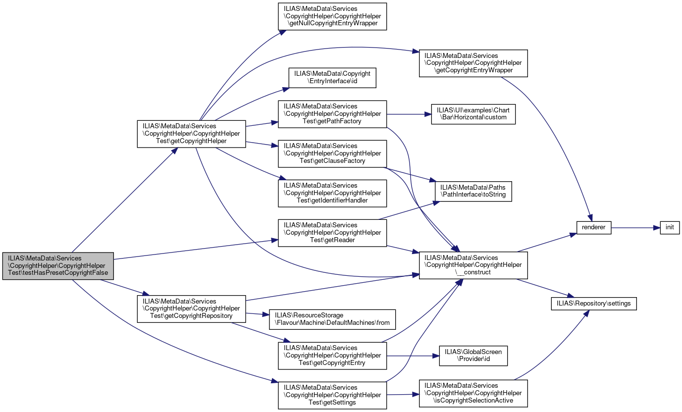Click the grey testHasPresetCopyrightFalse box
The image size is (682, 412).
[x=58, y=266]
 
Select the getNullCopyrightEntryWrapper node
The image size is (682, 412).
[x=332, y=16]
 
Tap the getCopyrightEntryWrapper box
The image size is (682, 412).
[x=473, y=63]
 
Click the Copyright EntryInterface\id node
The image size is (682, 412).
[x=332, y=78]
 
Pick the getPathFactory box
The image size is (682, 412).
[x=332, y=114]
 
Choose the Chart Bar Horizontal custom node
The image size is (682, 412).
[x=473, y=114]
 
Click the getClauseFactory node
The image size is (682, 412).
[x=332, y=154]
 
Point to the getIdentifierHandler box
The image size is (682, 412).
[x=332, y=193]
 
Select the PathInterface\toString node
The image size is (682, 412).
[x=473, y=191]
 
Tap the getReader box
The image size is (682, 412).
[x=332, y=233]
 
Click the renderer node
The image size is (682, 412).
[x=594, y=228]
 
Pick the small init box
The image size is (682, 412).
[x=670, y=228]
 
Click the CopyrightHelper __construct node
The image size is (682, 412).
[x=473, y=265]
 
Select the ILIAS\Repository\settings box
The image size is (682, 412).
[x=594, y=304]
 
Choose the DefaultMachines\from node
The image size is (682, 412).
[x=332, y=319]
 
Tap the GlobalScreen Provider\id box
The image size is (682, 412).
[x=473, y=356]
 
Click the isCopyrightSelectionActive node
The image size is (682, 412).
[x=473, y=393]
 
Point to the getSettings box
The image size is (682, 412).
[x=332, y=395]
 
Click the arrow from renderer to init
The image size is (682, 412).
[x=635, y=228]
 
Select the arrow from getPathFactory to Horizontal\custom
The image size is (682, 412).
[x=409, y=114]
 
